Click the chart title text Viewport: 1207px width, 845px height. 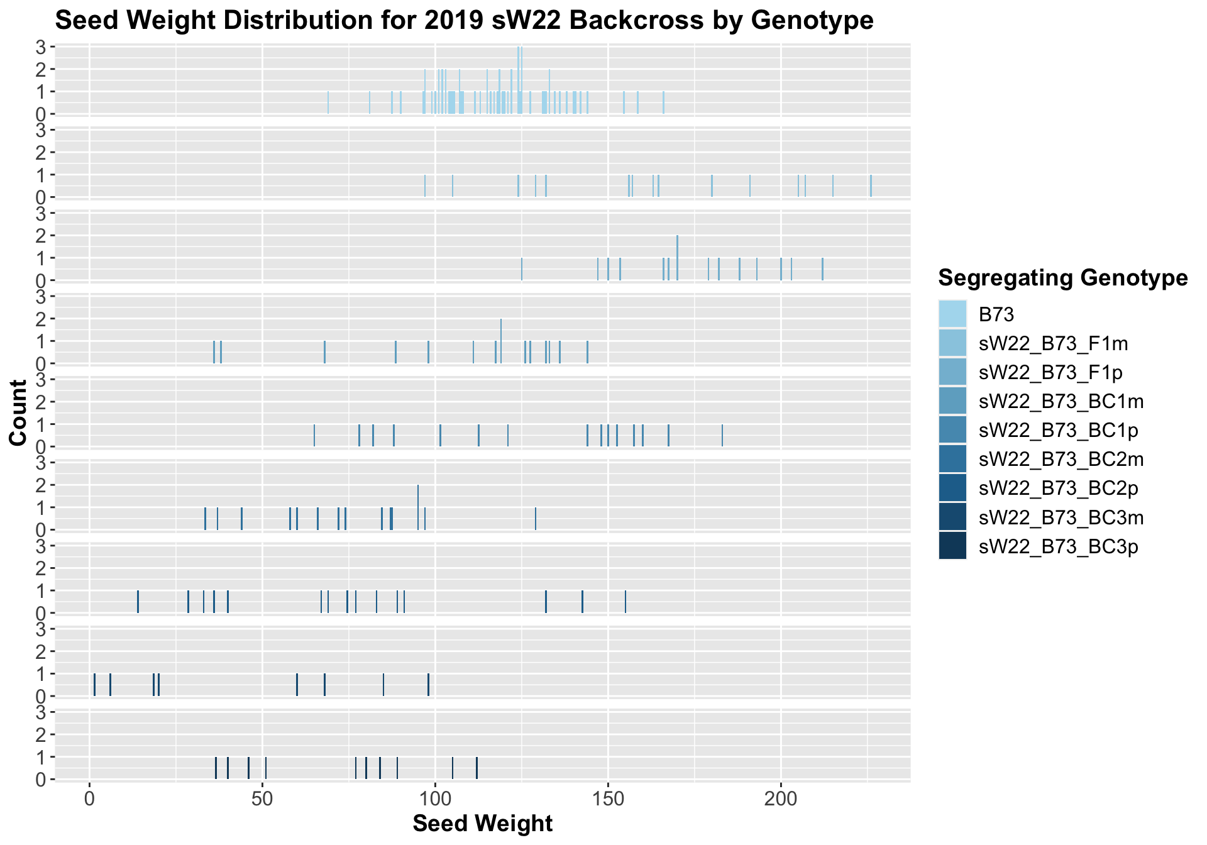[x=464, y=21]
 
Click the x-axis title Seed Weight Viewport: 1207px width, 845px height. [x=482, y=824]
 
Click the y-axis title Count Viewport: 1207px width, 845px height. [x=19, y=412]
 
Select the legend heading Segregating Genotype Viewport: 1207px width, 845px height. [x=1062, y=277]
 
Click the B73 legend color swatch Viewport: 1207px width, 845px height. [x=952, y=314]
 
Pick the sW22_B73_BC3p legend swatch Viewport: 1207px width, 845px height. [x=952, y=546]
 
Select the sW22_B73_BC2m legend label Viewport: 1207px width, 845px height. [x=1061, y=459]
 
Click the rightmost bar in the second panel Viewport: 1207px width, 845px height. [x=871, y=186]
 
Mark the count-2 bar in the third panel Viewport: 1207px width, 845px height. [x=677, y=258]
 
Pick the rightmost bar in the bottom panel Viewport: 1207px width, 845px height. [x=477, y=768]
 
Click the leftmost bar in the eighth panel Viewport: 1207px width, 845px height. [x=94, y=685]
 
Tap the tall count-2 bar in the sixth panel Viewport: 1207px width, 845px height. [x=418, y=507]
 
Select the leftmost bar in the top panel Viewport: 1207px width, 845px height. [x=328, y=103]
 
